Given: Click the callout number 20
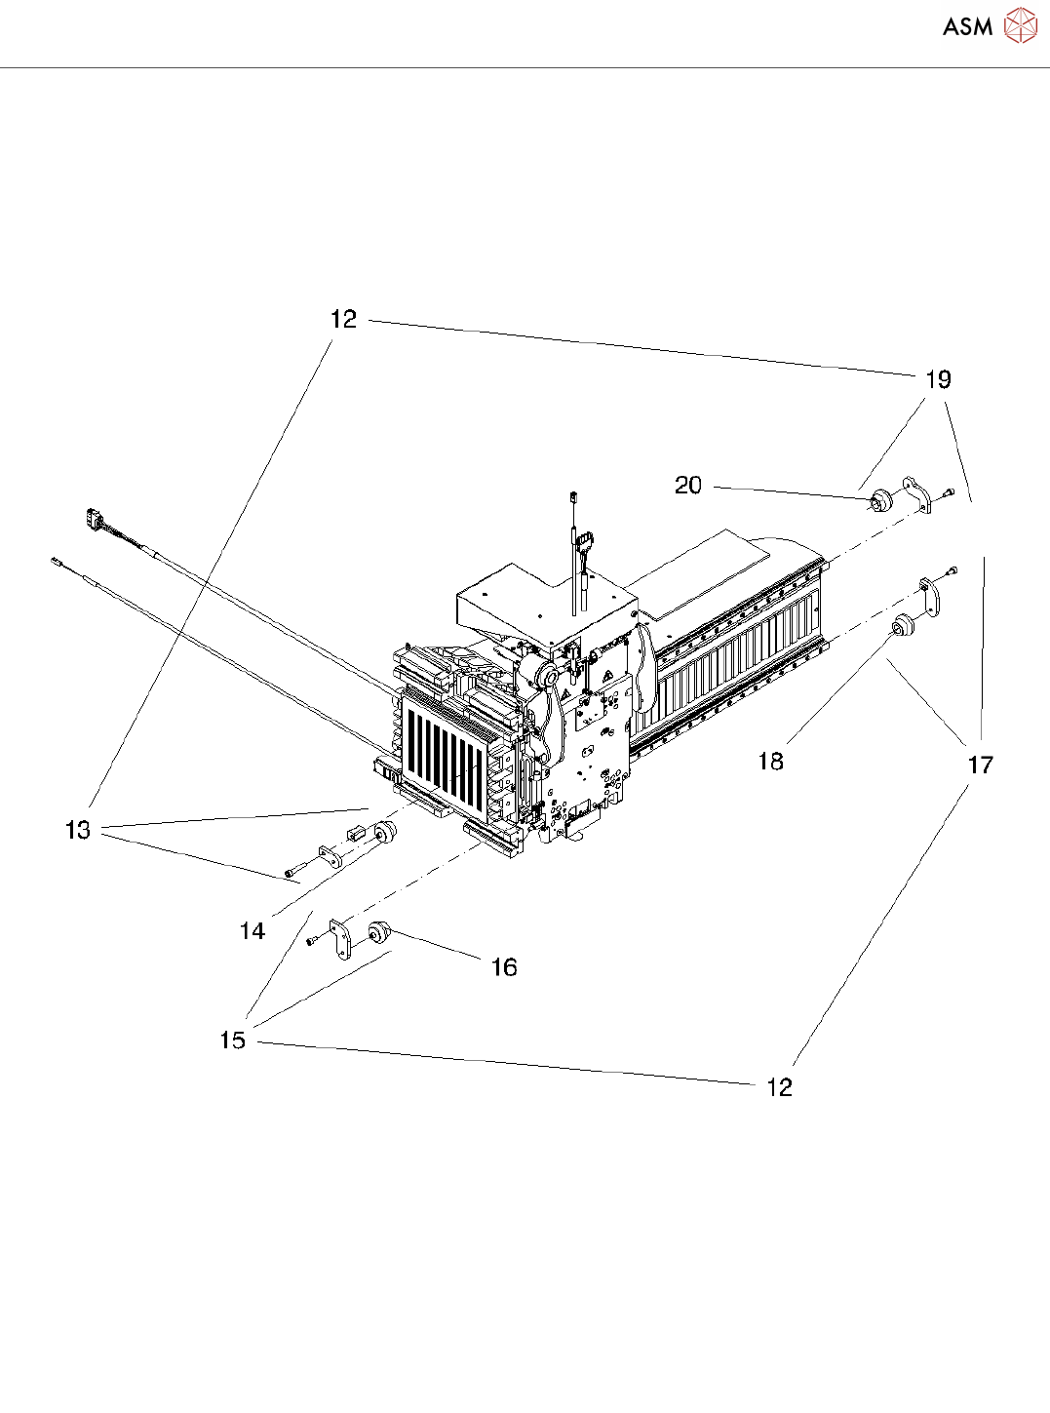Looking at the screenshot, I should point(688,485).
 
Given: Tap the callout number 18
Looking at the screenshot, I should point(770,761).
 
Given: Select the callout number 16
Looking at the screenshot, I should point(503,966).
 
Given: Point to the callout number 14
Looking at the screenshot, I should point(253,931).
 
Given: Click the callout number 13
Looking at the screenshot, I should point(78,830).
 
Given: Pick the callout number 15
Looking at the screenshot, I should point(232,1040).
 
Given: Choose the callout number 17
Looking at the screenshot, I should point(980,765).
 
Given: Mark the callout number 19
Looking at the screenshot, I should point(938,379).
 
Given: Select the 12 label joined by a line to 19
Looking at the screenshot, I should point(343,319).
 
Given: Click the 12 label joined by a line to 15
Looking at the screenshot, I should point(779,1087).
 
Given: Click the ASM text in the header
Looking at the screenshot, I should point(967,27).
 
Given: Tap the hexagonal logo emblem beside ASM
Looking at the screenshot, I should point(1020,26).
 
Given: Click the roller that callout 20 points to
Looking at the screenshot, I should point(881,501).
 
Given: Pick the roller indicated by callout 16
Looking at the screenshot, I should point(378,933).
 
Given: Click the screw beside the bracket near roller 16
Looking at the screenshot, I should point(312,940).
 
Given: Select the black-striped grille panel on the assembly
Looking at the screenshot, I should point(444,746).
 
